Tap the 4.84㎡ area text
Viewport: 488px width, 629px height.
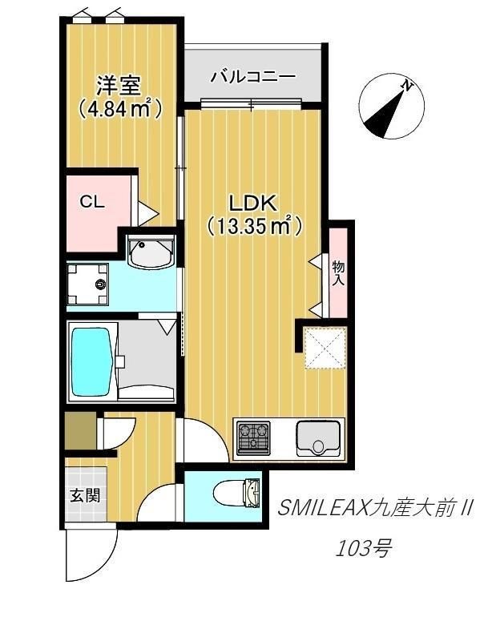click(x=119, y=107)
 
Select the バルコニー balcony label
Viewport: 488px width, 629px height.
click(x=252, y=77)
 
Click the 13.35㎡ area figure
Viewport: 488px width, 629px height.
click(x=254, y=227)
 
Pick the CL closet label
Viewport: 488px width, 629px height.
click(x=92, y=202)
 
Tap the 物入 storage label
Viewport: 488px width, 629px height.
click(x=338, y=272)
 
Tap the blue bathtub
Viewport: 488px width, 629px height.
click(x=93, y=361)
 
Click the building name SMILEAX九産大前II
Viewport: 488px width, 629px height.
click(x=376, y=509)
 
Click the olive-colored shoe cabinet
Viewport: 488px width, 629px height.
click(x=79, y=430)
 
